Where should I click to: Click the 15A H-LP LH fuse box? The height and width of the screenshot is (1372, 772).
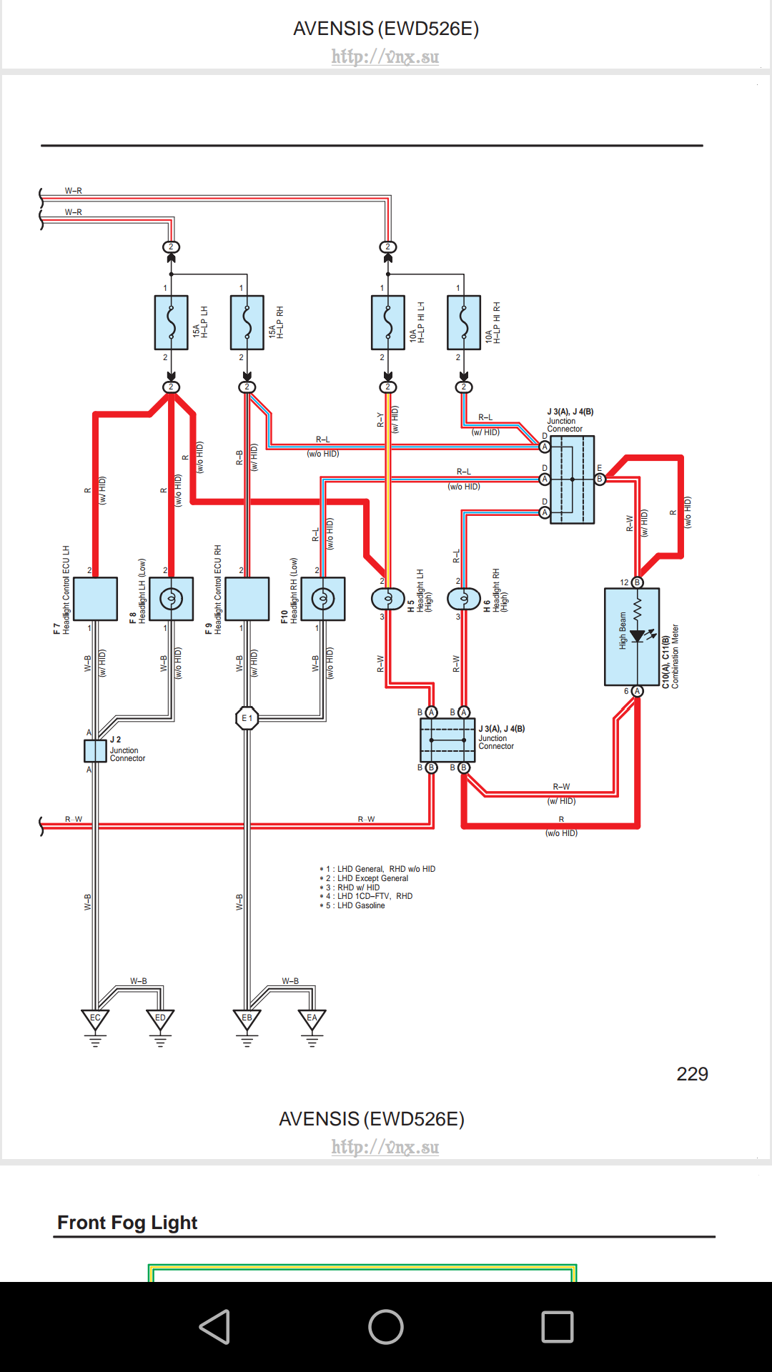pyautogui.click(x=172, y=322)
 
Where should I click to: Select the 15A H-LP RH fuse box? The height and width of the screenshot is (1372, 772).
pyautogui.click(x=247, y=322)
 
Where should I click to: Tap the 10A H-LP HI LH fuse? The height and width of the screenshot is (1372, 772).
pyautogui.click(x=388, y=322)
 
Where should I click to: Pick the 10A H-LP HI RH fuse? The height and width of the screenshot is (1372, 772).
pyautogui.click(x=464, y=322)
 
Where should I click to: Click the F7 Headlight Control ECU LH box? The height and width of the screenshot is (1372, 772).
pyautogui.click(x=96, y=599)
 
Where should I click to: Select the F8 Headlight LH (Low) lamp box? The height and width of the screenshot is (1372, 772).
pyautogui.click(x=172, y=599)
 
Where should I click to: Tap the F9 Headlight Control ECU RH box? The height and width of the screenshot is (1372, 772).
pyautogui.click(x=247, y=599)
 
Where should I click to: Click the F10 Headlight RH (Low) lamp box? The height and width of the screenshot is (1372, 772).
pyautogui.click(x=323, y=599)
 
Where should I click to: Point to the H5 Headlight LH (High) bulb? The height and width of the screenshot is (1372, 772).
pyautogui.click(x=388, y=598)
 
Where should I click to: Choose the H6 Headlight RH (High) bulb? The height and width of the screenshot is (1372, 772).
pyautogui.click(x=464, y=598)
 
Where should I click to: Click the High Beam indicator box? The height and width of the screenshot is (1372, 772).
pyautogui.click(x=632, y=637)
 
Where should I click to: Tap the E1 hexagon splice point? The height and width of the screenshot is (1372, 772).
pyautogui.click(x=247, y=718)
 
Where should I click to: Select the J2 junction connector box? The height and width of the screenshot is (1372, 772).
pyautogui.click(x=95, y=751)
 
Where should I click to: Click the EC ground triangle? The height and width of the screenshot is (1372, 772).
pyautogui.click(x=95, y=1020)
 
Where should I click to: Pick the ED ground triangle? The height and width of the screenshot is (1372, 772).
pyautogui.click(x=160, y=1020)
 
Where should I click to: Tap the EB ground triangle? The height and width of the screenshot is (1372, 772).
pyautogui.click(x=247, y=1020)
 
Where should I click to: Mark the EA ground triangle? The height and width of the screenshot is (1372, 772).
pyautogui.click(x=312, y=1020)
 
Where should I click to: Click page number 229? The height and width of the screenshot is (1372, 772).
pyautogui.click(x=692, y=1074)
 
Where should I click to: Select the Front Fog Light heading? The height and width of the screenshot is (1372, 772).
pyautogui.click(x=127, y=1223)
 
